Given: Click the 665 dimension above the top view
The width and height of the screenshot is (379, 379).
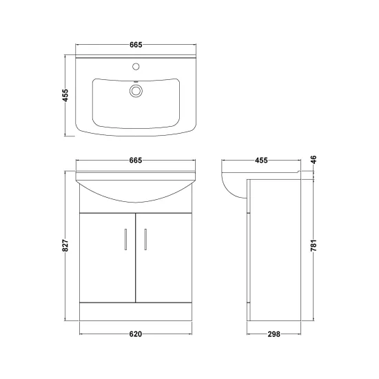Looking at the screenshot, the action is pos(136,45).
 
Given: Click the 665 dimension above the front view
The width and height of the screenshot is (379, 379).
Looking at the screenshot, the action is pos(136,161).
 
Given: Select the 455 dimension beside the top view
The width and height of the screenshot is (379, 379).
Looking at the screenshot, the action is pos(65,95).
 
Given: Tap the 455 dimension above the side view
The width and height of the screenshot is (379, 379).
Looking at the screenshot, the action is pos(261,161).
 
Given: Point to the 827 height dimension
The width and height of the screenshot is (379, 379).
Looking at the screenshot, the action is pos(65,245).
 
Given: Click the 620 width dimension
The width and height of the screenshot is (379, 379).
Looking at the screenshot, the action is pos(135,334).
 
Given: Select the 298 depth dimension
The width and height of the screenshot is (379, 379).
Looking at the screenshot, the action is pos(274,334).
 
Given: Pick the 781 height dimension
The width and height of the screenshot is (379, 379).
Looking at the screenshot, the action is pos(314,245).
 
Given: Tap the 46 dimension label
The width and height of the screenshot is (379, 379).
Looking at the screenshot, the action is pos(314,160).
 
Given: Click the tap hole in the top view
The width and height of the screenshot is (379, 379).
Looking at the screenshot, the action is pos(136,66).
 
